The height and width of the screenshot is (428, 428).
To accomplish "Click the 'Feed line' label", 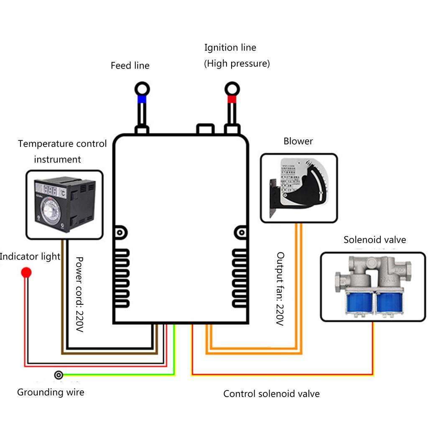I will coord(130,66).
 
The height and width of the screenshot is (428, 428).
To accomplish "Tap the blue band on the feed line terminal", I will coord(142,99).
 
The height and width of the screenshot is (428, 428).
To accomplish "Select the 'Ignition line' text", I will coord(230,48).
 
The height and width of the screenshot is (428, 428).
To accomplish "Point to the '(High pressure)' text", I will coord(237,64).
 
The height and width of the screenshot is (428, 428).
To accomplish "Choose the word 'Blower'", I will coord(298,141).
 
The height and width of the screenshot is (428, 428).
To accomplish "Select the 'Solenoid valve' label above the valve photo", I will coord(374,240).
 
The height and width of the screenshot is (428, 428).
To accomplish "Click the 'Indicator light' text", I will coord(30,256).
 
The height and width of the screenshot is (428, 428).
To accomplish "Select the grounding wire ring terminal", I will coord(59,374).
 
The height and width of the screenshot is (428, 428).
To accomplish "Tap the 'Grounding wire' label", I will coord(51,392).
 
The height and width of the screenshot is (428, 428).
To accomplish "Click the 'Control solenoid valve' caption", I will coord(271,394).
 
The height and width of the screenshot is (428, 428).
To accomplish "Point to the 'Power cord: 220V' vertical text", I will coord(79,295).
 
